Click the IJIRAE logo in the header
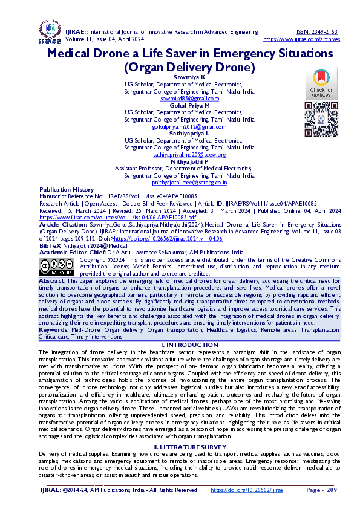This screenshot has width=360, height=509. pyautogui.click(x=49, y=33)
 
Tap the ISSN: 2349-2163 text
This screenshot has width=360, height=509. pyautogui.click(x=316, y=31)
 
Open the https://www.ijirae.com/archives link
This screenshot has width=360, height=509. pyautogui.click(x=299, y=39)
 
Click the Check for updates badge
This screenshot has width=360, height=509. pyautogui.click(x=321, y=83)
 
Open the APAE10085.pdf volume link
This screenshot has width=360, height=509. pyautogui.click(x=117, y=217)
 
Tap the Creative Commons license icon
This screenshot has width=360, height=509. pyautogui.click(x=57, y=266)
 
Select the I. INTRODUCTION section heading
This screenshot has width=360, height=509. pyautogui.click(x=180, y=345)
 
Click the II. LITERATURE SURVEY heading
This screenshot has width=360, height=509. pyautogui.click(x=180, y=446)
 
